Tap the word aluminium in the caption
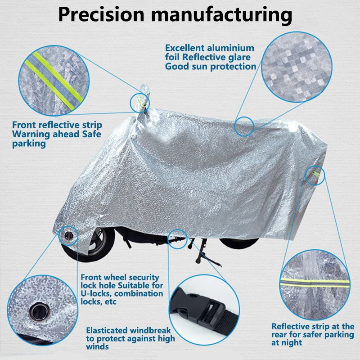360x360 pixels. [x=232, y=48]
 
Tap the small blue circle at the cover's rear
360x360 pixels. [x=315, y=175]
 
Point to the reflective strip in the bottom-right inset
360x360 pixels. [x=315, y=283]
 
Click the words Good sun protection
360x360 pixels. [x=211, y=67]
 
